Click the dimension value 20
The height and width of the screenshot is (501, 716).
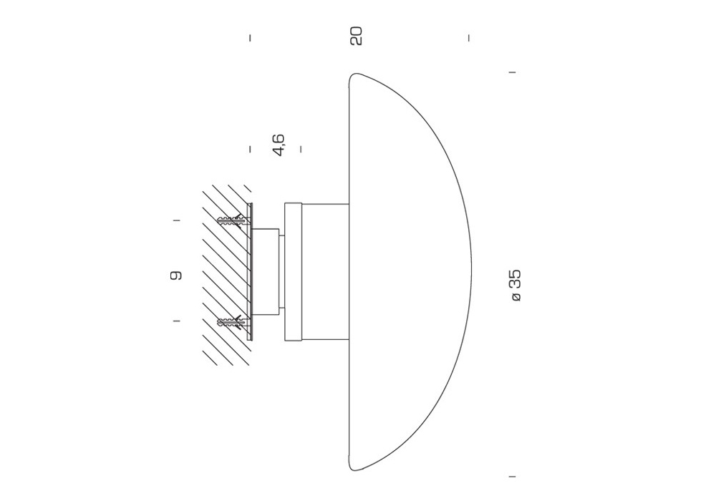(x=356, y=36)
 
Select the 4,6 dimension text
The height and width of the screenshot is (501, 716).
(x=278, y=145)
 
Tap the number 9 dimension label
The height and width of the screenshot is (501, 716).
(x=176, y=275)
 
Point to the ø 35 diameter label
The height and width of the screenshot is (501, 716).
(x=515, y=286)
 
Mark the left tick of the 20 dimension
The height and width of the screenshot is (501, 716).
(x=250, y=38)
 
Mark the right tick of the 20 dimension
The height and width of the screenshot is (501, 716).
(x=469, y=38)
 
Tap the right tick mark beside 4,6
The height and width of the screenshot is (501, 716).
(x=301, y=149)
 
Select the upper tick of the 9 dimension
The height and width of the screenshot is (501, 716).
(x=176, y=221)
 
